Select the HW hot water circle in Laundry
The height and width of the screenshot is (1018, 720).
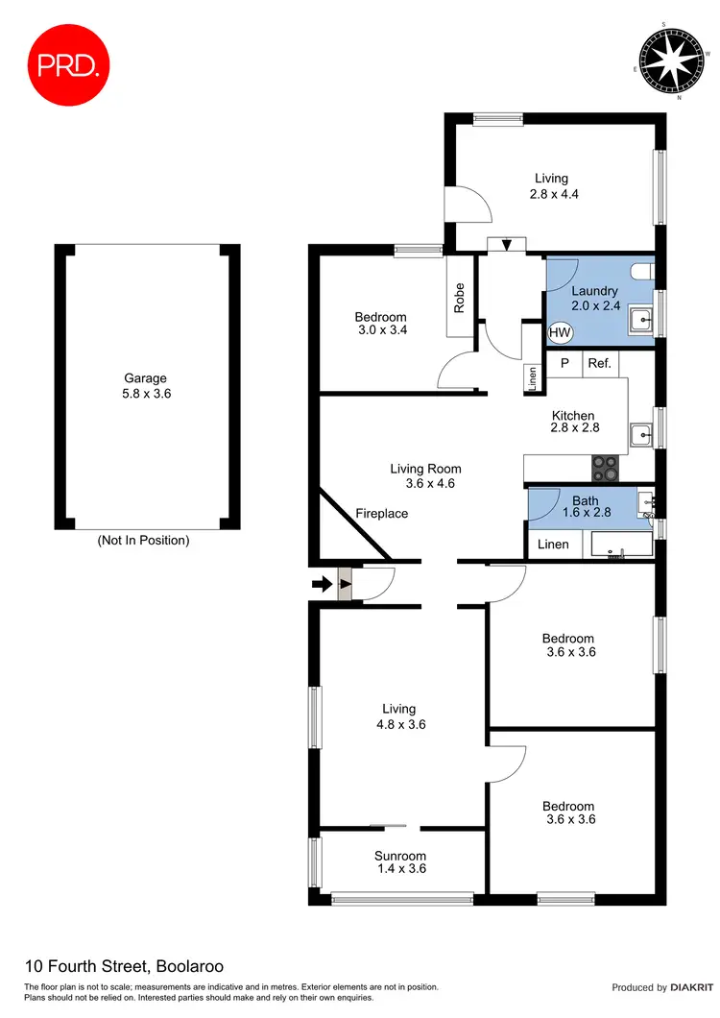pos(560,333)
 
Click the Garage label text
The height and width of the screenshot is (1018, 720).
pos(144,378)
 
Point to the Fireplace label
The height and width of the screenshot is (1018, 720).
pos(381,514)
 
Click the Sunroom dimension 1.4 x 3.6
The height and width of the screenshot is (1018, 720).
pos(400,868)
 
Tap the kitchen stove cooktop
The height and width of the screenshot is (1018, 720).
pos(605,467)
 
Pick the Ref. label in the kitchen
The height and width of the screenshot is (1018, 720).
pos(599,363)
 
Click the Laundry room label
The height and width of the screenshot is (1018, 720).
pos(594,291)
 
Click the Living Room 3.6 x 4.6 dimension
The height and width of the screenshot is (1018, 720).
pos(425,483)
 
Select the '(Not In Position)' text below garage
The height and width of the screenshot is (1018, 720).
pos(144,541)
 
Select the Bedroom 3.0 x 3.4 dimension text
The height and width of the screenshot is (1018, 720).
pos(380,331)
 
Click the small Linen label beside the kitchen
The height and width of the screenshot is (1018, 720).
pos(531,378)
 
